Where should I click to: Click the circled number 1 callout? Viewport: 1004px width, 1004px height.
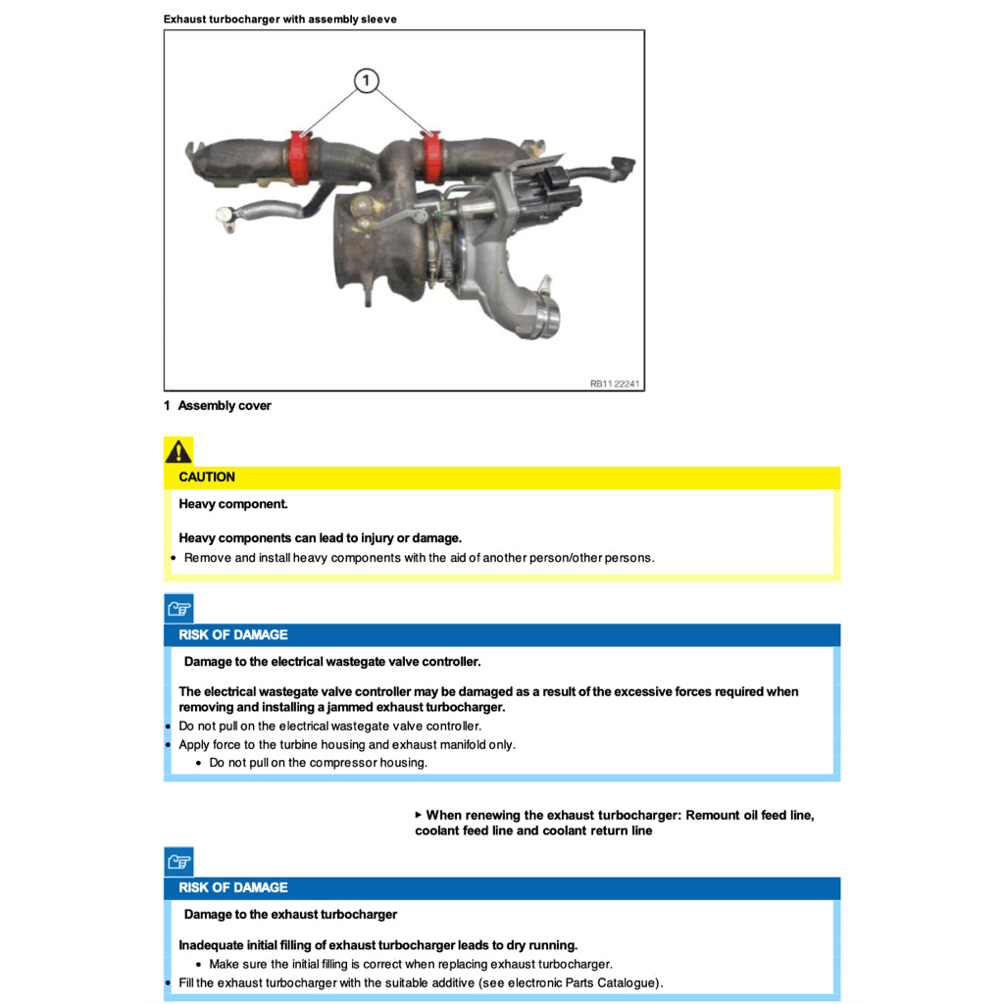(366, 80)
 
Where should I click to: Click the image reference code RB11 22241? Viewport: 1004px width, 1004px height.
(615, 384)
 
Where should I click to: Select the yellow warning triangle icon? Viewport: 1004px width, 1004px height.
(178, 451)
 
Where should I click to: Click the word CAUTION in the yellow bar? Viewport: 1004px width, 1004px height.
(207, 477)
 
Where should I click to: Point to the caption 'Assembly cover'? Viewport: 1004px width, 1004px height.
(225, 406)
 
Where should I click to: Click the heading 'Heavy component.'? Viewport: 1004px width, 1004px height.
(233, 504)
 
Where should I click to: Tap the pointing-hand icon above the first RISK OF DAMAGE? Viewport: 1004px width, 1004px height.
(178, 609)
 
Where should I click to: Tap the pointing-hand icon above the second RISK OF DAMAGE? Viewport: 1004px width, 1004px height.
(178, 862)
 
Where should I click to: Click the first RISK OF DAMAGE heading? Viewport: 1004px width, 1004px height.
(233, 635)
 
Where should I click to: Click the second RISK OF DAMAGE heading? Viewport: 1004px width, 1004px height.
(233, 888)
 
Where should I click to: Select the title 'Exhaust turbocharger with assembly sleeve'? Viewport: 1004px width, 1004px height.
(280, 20)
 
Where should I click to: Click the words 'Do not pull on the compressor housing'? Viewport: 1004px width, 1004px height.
(318, 763)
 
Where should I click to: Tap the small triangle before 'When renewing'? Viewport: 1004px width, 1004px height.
(419, 815)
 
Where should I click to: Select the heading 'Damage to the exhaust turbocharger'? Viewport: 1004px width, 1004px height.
(290, 915)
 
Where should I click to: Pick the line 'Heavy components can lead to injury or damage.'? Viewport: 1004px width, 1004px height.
(320, 538)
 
